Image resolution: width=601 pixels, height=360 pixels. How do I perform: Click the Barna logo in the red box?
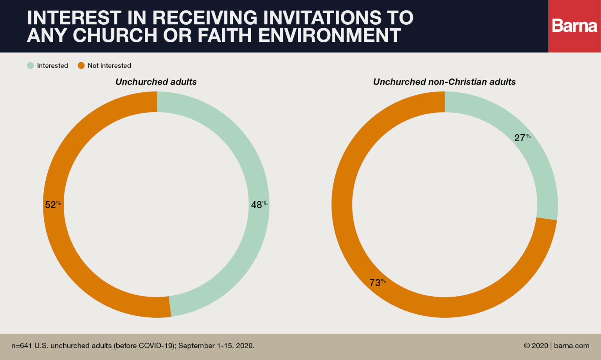[x=574, y=26]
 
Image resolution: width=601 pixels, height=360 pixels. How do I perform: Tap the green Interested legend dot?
[x=31, y=65]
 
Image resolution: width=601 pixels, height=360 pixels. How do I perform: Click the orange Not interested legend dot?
[x=81, y=65]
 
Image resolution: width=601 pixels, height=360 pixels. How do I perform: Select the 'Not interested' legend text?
[x=109, y=66]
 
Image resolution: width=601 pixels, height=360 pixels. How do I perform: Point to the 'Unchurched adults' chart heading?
[x=156, y=82]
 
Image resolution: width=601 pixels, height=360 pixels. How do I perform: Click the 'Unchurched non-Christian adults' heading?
[x=444, y=82]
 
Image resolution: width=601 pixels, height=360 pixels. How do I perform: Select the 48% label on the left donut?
[x=259, y=205]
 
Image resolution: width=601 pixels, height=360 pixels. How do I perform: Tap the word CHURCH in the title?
[x=115, y=36]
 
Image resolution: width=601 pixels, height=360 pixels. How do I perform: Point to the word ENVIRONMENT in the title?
[x=329, y=36]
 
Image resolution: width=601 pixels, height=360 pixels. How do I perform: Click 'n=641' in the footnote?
[x=22, y=346]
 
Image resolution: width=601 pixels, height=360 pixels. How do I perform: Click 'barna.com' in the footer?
[x=572, y=346]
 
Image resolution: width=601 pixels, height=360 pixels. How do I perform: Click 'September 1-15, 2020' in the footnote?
[x=216, y=346]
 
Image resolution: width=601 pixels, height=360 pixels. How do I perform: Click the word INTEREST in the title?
[x=74, y=18]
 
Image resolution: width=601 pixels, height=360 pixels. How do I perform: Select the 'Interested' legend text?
[x=52, y=66]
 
